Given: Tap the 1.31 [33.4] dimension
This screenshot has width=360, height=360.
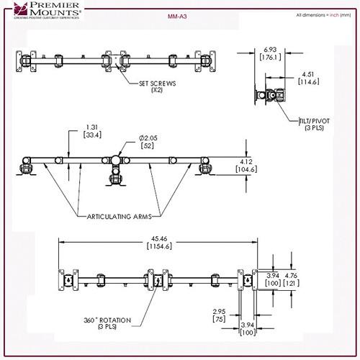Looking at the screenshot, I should pyautogui.click(x=91, y=131).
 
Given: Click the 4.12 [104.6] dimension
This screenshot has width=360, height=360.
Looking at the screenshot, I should pyautogui.click(x=267, y=166).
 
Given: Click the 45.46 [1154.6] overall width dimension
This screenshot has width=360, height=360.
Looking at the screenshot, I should pyautogui.click(x=158, y=242).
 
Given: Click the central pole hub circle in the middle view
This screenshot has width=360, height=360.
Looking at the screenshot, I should pyautogui.click(x=116, y=160).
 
